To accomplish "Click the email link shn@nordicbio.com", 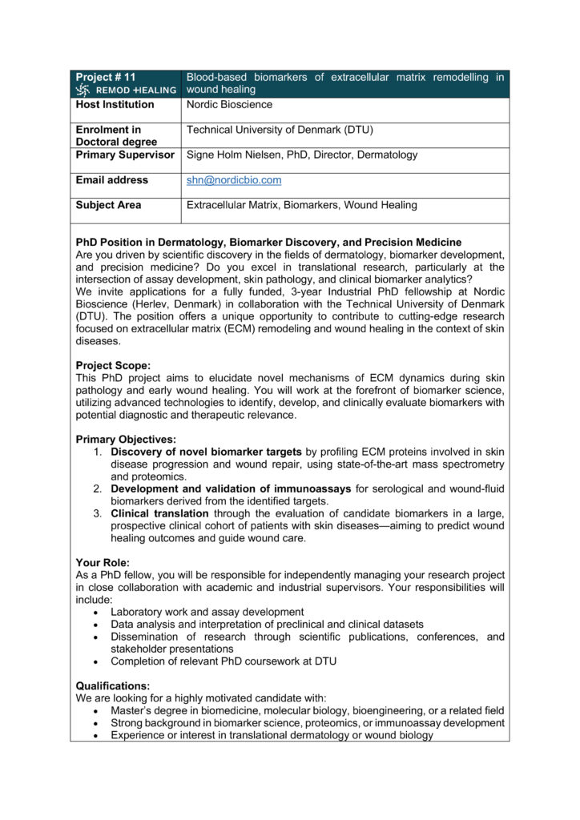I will click(x=234, y=181).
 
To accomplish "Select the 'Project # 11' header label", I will click(x=106, y=78).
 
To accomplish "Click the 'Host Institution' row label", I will click(x=115, y=105).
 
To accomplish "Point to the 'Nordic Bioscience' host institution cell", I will click(x=229, y=105).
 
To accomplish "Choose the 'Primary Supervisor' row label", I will click(x=124, y=155).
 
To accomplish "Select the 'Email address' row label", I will click(x=111, y=181).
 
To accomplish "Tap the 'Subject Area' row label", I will click(x=108, y=206).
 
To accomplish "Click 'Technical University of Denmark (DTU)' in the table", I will click(x=280, y=130).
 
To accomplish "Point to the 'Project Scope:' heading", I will click(x=113, y=366).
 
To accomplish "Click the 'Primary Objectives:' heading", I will click(x=126, y=440).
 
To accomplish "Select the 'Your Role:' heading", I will click(x=103, y=563).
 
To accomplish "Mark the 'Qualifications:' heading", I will click(x=112, y=686).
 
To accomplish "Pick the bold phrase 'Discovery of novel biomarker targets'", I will click(x=207, y=452).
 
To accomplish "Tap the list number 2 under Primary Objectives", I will click(x=97, y=489).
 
